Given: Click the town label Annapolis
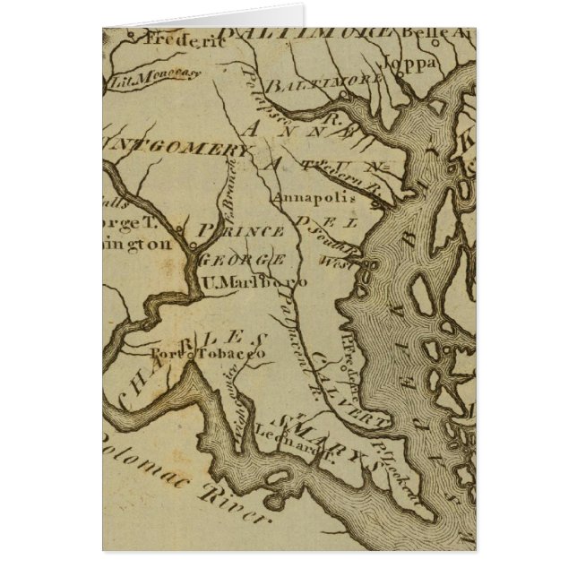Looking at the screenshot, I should tap(318, 196).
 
